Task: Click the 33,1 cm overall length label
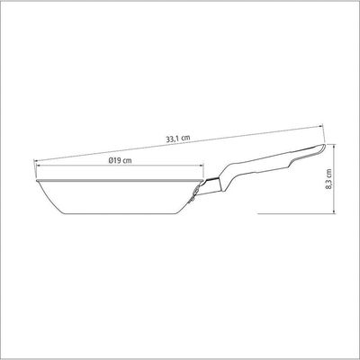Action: (178, 139)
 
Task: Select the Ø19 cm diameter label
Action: (120, 160)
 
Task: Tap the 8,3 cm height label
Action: (329, 178)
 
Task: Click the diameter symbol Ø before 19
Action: (111, 160)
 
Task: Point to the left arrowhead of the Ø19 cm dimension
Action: (38, 165)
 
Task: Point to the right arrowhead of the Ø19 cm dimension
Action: (202, 165)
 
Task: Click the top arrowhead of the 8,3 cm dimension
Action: (335, 146)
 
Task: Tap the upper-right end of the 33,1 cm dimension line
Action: (321, 126)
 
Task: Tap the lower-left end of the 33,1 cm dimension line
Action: (34, 161)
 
